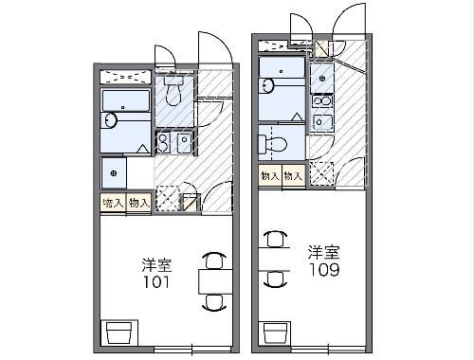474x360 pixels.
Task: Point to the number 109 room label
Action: coord(321,270)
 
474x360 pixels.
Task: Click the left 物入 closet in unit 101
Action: coord(113,202)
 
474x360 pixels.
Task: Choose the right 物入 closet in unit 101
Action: coord(138,202)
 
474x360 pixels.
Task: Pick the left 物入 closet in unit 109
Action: coord(269,175)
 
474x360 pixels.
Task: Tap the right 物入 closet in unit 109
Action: coord(293,175)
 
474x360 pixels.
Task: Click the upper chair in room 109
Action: coord(274,241)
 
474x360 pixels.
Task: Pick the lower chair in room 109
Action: coord(274,278)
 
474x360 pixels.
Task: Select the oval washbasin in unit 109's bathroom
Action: coord(267,86)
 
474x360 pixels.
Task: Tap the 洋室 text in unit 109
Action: coord(321,253)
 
